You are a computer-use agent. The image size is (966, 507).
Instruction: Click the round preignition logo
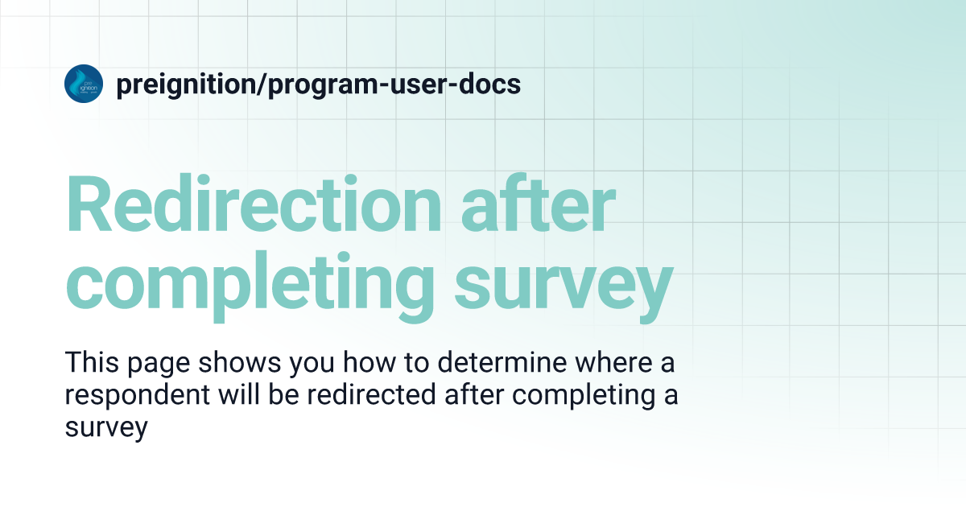(84, 84)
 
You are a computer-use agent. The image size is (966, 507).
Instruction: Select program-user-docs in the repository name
(394, 84)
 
